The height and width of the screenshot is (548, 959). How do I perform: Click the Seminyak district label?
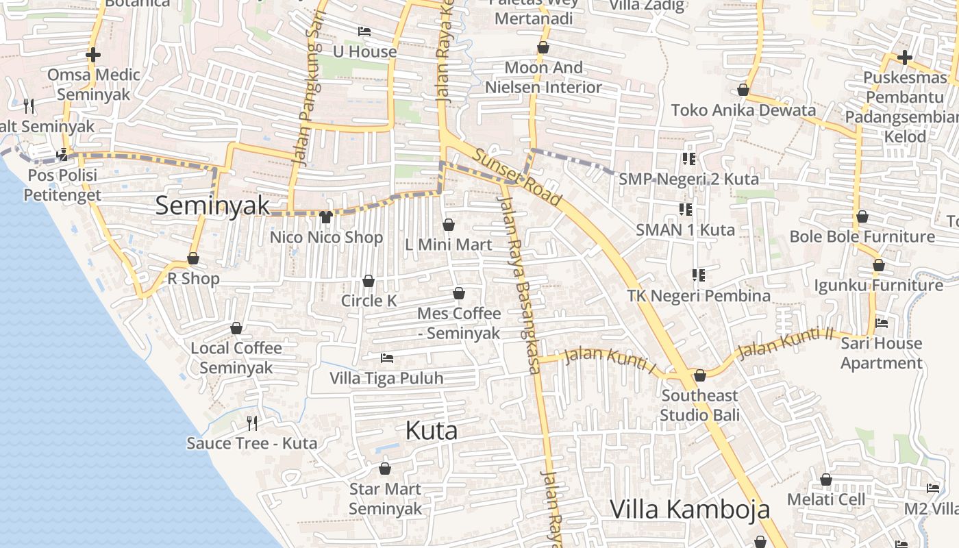[212, 206]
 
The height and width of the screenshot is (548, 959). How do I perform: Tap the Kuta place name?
[432, 431]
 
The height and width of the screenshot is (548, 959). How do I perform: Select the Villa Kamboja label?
[690, 510]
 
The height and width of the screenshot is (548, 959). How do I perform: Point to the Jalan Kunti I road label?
[610, 361]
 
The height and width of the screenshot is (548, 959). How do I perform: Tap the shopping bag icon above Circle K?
[369, 281]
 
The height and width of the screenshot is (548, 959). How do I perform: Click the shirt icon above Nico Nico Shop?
[326, 217]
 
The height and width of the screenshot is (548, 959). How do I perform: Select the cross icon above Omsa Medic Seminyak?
[93, 55]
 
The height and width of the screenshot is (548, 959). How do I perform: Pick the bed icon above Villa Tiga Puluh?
[386, 358]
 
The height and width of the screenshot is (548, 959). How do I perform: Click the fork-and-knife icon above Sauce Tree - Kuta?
[252, 423]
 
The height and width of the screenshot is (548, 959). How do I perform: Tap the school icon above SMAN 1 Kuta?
[685, 209]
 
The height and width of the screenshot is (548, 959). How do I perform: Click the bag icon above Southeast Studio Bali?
[700, 375]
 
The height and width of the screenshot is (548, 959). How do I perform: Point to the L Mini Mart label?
[449, 245]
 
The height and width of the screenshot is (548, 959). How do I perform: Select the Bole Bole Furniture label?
[862, 237]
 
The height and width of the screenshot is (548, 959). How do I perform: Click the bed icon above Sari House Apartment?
[882, 323]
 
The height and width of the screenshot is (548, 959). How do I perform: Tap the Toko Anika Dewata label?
[743, 110]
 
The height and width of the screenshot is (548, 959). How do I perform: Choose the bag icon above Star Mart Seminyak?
[385, 469]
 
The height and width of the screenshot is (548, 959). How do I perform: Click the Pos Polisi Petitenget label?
[62, 185]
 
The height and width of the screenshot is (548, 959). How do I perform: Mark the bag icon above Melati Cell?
[826, 480]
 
